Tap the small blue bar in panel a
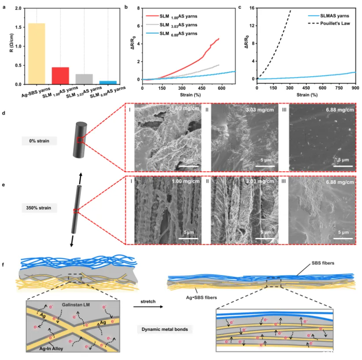[x=108, y=82]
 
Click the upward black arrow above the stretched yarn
[x=81, y=173]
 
